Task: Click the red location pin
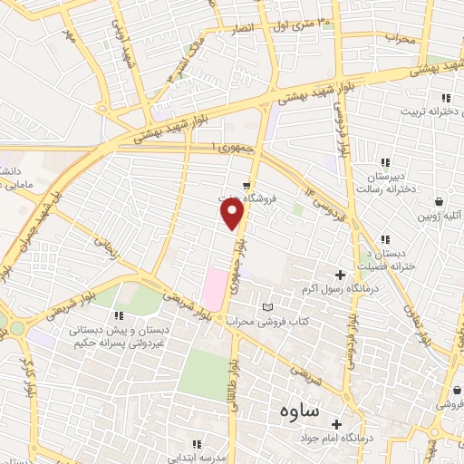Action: click(x=233, y=212)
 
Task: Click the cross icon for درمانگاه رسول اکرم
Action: click(x=341, y=275)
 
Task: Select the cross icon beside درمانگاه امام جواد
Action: click(x=336, y=424)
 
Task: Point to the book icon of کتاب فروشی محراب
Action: click(x=266, y=307)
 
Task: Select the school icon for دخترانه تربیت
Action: click(x=445, y=98)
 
